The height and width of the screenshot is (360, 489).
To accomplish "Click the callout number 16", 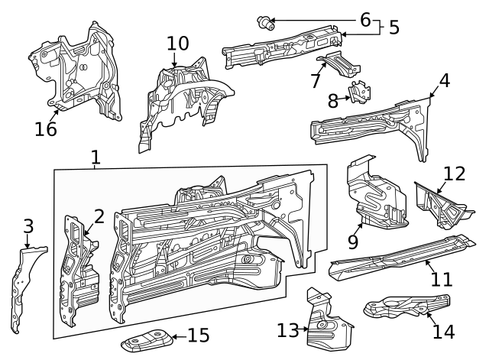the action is [46, 129].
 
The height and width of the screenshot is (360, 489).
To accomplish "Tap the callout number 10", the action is [178, 44].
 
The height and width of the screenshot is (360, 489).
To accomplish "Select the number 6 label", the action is [365, 20].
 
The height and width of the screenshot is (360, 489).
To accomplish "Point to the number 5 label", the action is [394, 28].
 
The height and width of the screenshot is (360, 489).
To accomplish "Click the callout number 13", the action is [288, 330].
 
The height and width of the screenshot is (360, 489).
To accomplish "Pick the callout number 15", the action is [199, 336].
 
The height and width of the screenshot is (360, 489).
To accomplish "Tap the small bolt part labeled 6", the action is [265, 23].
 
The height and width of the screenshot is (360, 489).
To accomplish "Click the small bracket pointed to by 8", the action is [361, 92].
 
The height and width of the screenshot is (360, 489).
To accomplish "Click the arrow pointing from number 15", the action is [179, 336].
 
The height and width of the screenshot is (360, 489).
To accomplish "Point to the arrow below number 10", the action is [173, 60].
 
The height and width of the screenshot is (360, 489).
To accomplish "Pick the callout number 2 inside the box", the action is [99, 216].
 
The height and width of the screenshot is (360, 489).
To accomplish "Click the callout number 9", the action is [353, 242].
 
